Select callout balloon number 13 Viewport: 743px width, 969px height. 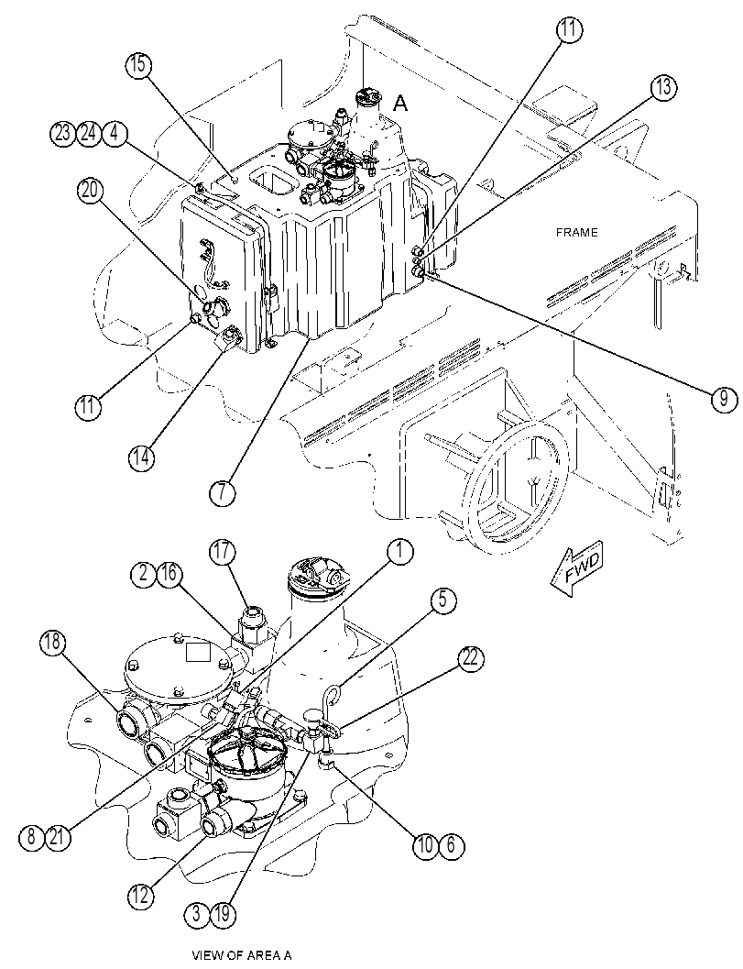click(662, 87)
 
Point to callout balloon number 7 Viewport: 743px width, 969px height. click(222, 491)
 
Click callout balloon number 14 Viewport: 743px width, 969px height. click(141, 457)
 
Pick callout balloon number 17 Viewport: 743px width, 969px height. click(222, 551)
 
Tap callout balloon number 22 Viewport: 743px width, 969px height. click(471, 659)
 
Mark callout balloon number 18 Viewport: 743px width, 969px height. click(52, 643)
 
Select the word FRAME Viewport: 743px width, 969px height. click(576, 232)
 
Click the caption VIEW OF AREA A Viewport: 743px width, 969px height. click(242, 955)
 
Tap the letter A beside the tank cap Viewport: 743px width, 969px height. click(401, 104)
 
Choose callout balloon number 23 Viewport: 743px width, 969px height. click(63, 134)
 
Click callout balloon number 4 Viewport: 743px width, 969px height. click(115, 134)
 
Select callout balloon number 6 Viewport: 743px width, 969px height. click(452, 845)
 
